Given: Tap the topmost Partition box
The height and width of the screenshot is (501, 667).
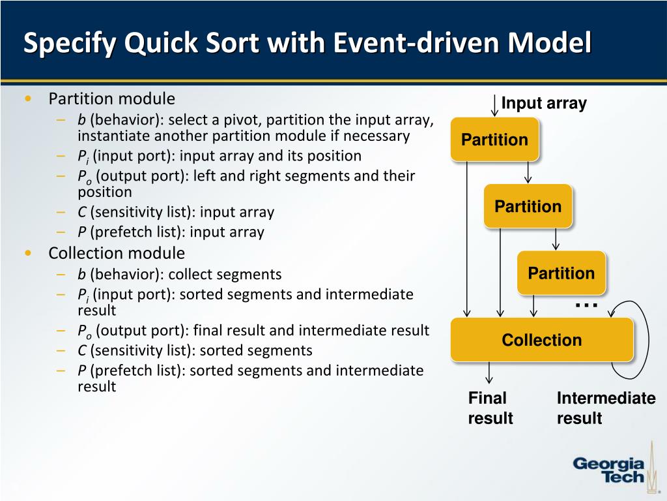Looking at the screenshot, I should [494, 140].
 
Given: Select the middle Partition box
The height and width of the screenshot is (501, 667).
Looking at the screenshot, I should [528, 206].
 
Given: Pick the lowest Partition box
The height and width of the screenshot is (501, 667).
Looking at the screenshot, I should [561, 273].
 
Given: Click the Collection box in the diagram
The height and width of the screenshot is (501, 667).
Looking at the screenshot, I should [541, 340].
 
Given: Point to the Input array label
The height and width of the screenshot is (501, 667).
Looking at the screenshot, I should [544, 103].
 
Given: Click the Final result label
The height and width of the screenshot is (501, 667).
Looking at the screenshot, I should [490, 408].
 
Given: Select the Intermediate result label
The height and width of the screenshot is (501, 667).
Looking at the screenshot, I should [606, 408].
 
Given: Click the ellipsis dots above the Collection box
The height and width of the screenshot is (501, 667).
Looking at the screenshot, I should [587, 304].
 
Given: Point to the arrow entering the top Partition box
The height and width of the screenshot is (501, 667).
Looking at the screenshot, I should [494, 106].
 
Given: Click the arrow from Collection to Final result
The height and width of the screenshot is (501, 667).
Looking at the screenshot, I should [489, 372].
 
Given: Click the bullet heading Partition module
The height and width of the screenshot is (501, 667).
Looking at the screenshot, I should [112, 99].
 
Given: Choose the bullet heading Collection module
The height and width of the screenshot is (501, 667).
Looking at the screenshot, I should [117, 253].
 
